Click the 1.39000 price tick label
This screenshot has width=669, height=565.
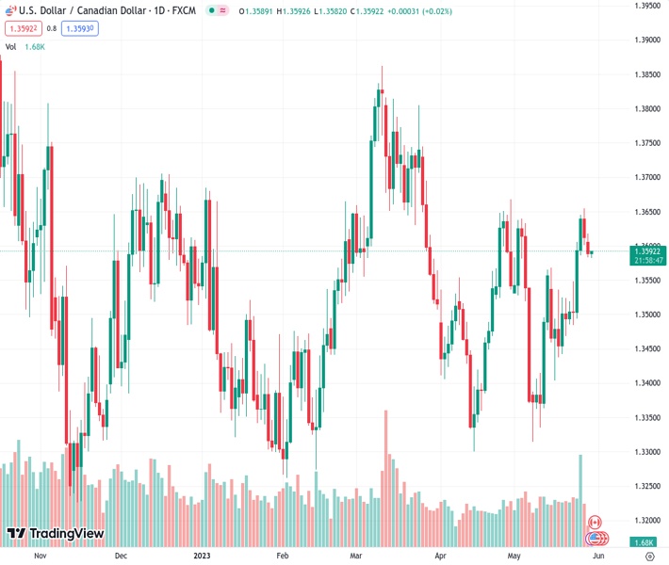pyautogui.click(x=645, y=40)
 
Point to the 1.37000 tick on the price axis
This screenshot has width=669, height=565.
pyautogui.click(x=645, y=177)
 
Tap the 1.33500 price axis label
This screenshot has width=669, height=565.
pyautogui.click(x=645, y=417)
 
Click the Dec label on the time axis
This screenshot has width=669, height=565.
pyautogui.click(x=121, y=556)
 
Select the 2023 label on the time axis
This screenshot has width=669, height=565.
pyautogui.click(x=203, y=556)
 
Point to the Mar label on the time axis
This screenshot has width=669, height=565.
pyautogui.click(x=355, y=556)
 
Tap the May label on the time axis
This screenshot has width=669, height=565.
pyautogui.click(x=514, y=556)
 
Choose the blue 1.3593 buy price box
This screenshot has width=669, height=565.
pyautogui.click(x=79, y=28)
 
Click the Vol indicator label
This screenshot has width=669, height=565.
pyautogui.click(x=11, y=46)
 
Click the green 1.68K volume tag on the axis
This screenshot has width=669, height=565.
pyautogui.click(x=645, y=542)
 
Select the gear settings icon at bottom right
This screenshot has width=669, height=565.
pyautogui.click(x=648, y=556)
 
